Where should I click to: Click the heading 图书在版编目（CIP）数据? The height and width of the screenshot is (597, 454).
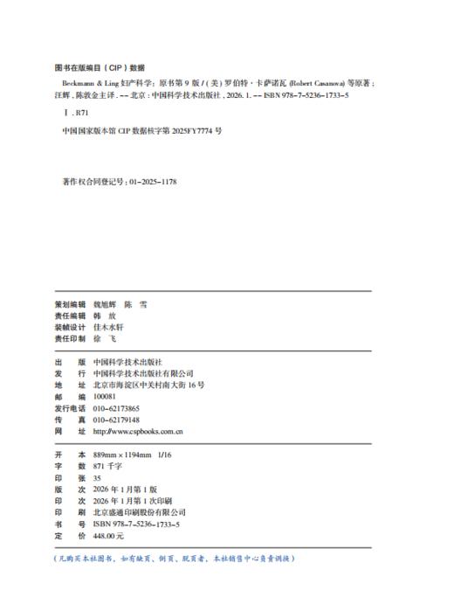[99, 66]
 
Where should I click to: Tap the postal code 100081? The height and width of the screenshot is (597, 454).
[106, 396]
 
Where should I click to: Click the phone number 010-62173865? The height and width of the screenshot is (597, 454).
[116, 408]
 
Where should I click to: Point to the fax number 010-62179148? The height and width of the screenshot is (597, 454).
[116, 420]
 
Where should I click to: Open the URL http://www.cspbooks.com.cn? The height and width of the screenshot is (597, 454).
[137, 431]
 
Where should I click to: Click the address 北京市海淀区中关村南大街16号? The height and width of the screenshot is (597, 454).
[148, 385]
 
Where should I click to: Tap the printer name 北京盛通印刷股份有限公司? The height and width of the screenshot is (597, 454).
[140, 512]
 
